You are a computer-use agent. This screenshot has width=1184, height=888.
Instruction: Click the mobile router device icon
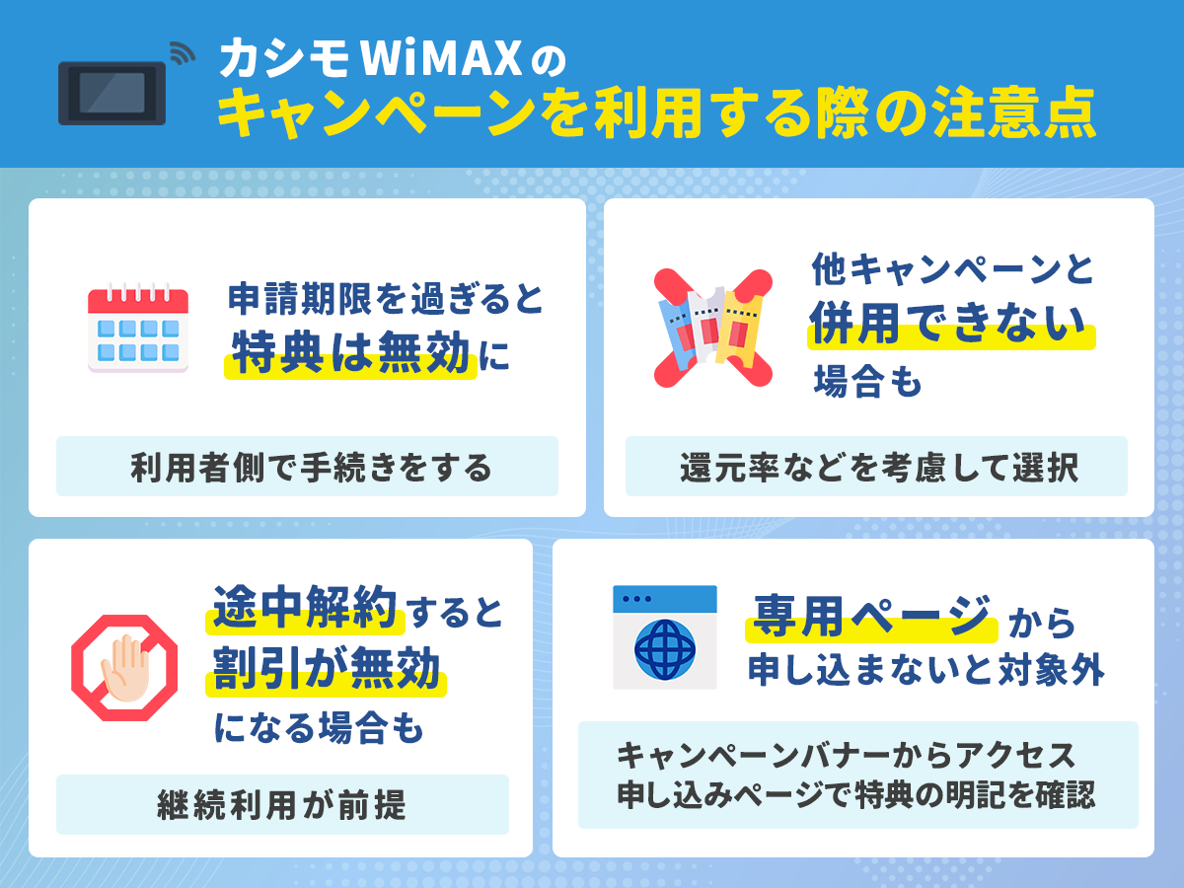111,93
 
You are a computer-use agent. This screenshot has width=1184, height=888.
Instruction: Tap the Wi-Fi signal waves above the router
182,53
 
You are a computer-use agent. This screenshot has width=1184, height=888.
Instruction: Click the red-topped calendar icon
137,329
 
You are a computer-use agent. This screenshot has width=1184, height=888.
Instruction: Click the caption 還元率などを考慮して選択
878,467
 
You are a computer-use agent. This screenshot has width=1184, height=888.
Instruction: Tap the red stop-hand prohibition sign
124,667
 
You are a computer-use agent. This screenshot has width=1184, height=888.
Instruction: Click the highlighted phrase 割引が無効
326,672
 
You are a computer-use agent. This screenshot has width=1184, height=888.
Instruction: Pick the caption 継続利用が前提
281,805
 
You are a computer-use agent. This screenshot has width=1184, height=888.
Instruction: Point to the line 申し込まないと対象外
925,672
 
